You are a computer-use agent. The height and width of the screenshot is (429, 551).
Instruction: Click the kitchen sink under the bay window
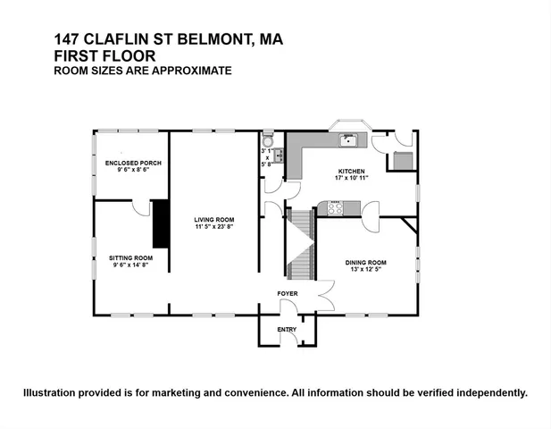(x=347, y=139)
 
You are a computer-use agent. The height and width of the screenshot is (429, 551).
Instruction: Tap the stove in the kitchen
(x=337, y=208)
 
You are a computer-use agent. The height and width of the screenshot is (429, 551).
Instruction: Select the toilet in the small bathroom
(x=267, y=141)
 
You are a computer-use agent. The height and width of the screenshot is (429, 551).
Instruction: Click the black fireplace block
(x=161, y=223)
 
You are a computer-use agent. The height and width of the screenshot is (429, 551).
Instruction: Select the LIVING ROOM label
(x=214, y=219)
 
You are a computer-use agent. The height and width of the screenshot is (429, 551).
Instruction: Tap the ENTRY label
(x=287, y=329)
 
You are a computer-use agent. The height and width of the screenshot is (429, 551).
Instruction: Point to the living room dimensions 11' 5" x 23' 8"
(x=214, y=227)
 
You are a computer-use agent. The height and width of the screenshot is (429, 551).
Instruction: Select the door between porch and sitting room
(x=141, y=207)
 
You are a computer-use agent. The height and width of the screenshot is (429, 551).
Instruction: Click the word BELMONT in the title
(x=223, y=39)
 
